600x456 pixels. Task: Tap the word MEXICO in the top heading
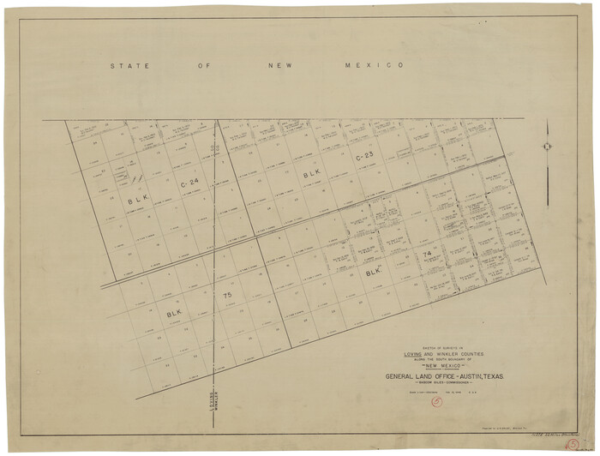(x=374, y=66)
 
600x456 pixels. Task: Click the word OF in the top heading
(x=202, y=66)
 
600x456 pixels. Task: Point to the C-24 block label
(x=189, y=183)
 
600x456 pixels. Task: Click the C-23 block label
(x=363, y=156)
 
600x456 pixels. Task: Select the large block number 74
(x=426, y=255)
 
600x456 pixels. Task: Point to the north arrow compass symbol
(x=546, y=146)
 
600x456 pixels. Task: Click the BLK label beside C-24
(x=136, y=201)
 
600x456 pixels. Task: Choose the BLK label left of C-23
(x=312, y=173)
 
